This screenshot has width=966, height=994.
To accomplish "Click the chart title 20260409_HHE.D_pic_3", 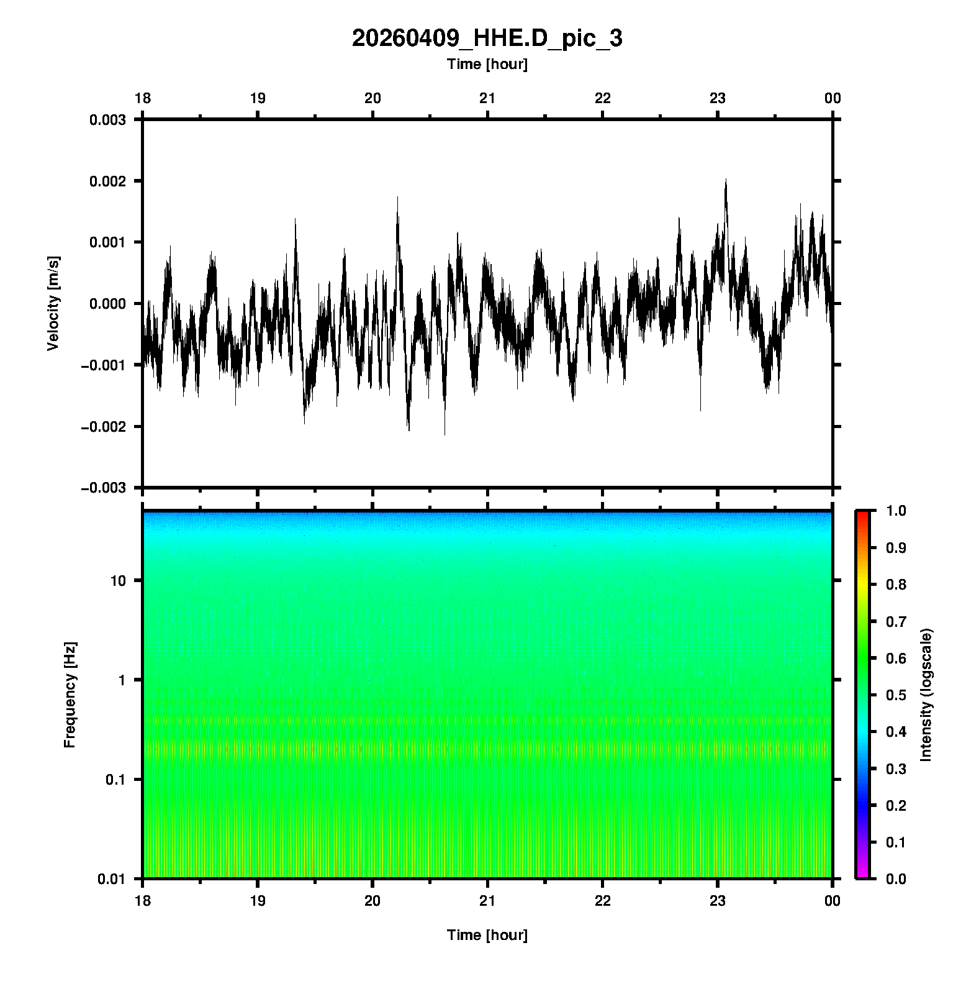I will tap(487, 39).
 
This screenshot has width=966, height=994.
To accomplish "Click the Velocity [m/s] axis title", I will tap(53, 303).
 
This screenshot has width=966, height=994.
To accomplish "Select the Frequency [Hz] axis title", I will tap(70, 695).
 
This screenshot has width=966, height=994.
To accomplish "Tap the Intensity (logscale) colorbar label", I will tap(926, 695).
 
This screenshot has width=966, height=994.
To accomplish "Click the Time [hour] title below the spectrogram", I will tap(487, 935).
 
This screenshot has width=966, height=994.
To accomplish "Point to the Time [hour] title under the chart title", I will tap(487, 64).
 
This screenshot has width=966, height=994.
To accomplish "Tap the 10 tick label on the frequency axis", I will tap(118, 581).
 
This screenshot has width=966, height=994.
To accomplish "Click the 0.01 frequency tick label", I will tap(112, 878).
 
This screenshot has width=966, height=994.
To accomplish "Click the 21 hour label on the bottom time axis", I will tap(487, 901).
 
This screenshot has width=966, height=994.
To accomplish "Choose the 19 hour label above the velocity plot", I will tap(258, 98).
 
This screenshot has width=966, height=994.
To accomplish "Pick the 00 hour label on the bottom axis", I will tap(832, 901).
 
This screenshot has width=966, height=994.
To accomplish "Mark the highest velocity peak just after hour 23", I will tap(725, 180).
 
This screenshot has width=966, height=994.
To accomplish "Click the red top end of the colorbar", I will tap(862, 514).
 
